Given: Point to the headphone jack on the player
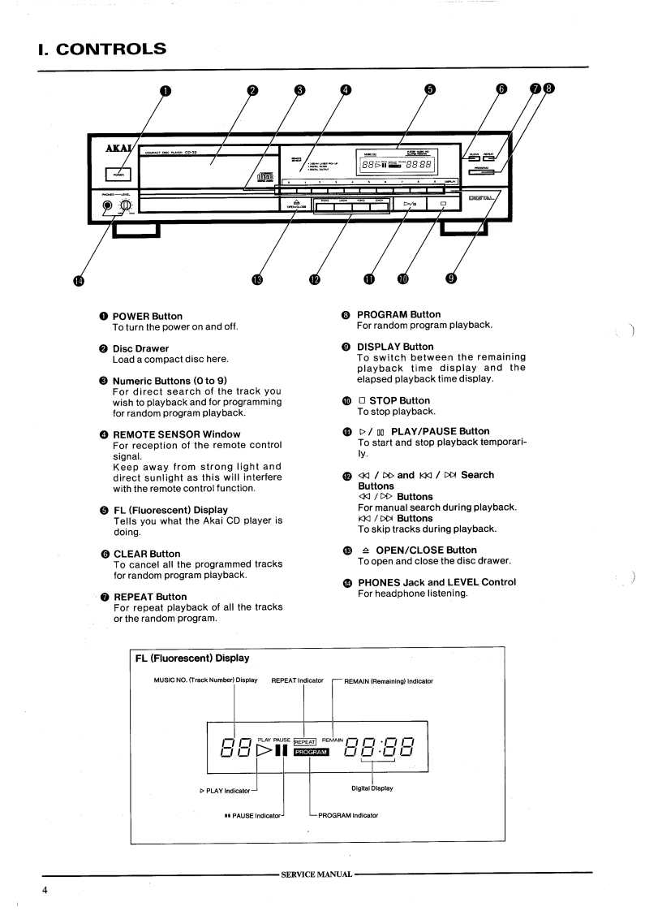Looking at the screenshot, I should pyautogui.click(x=108, y=205).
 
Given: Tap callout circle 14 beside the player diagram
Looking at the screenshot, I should pyautogui.click(x=79, y=280).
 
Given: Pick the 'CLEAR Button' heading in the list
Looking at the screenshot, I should pyautogui.click(x=146, y=554).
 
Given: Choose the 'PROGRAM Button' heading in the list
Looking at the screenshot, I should pyautogui.click(x=399, y=314).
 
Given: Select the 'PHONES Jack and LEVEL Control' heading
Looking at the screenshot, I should pyautogui.click(x=436, y=582).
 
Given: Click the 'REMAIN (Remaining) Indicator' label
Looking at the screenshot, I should pyautogui.click(x=388, y=680).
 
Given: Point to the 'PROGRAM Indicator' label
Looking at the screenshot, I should pyautogui.click(x=348, y=814).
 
